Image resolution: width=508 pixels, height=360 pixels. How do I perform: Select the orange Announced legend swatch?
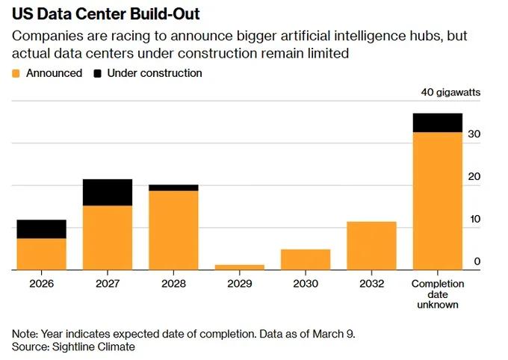pyautogui.click(x=16, y=73)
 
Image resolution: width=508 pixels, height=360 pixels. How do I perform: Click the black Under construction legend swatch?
pyautogui.click(x=98, y=73)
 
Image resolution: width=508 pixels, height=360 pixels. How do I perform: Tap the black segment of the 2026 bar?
pyautogui.click(x=41, y=229)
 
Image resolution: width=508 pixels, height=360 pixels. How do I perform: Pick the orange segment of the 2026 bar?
pyautogui.click(x=41, y=254)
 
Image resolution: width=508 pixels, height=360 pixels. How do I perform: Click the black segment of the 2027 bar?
pyautogui.click(x=107, y=192)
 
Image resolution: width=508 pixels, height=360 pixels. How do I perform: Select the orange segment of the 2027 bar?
pyautogui.click(x=107, y=238)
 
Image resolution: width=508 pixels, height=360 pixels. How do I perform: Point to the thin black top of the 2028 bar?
pyautogui.click(x=173, y=187)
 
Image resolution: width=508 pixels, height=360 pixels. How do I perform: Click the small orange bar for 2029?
pyautogui.click(x=239, y=267)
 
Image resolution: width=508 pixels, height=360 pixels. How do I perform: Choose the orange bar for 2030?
pyautogui.click(x=306, y=259)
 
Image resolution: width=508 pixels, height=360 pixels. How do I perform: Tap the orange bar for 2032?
pyautogui.click(x=371, y=246)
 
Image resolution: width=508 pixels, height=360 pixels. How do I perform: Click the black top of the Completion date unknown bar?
pyautogui.click(x=438, y=122)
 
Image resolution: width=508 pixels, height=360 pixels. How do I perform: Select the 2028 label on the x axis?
pyautogui.click(x=173, y=284)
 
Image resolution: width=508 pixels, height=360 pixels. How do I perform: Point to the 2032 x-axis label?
pyautogui.click(x=371, y=284)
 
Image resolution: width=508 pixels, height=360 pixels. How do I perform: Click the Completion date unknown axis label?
pyautogui.click(x=438, y=294)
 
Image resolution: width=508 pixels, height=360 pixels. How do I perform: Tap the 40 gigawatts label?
pyautogui.click(x=450, y=93)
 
